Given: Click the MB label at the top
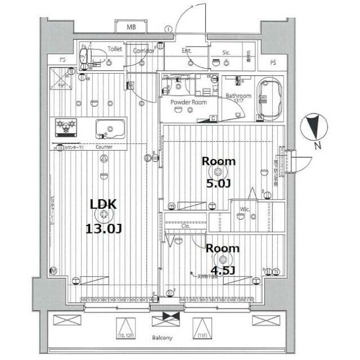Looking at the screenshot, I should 131,27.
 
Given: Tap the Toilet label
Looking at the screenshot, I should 115,49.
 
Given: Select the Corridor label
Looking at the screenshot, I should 143,50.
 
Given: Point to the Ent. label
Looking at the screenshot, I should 187,51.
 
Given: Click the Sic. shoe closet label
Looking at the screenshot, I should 226,52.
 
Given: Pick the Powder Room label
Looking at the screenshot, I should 189,102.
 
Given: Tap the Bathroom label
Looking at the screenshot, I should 238,96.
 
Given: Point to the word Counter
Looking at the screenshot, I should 104,147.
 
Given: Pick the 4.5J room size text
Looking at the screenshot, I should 223,270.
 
